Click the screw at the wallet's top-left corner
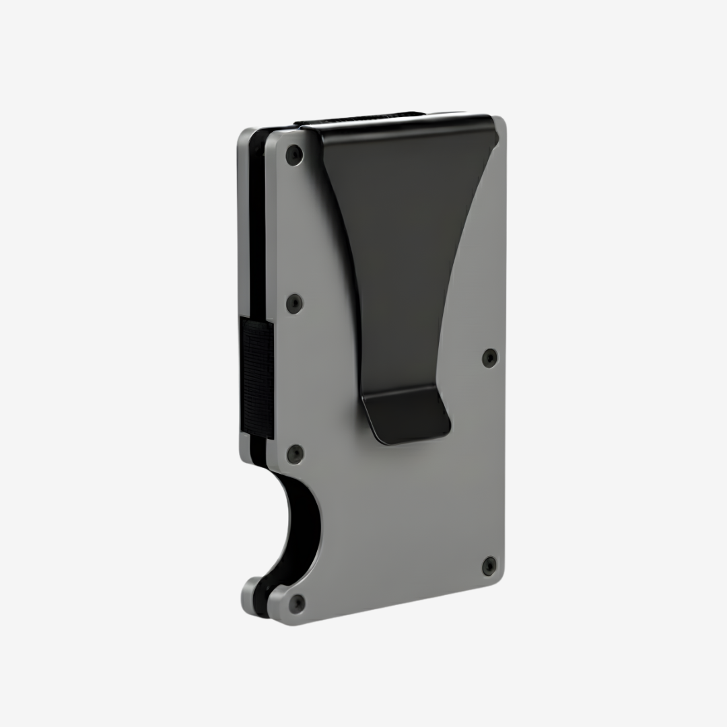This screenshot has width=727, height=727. (x=294, y=155)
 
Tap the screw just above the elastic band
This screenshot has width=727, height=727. (x=294, y=304)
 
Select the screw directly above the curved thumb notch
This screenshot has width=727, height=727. (x=295, y=454)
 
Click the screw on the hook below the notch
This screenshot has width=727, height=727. (x=296, y=603)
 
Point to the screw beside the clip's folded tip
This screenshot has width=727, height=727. (x=489, y=357)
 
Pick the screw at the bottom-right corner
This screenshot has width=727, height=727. (x=489, y=566)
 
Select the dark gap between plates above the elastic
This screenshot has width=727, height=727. (x=256, y=236)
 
